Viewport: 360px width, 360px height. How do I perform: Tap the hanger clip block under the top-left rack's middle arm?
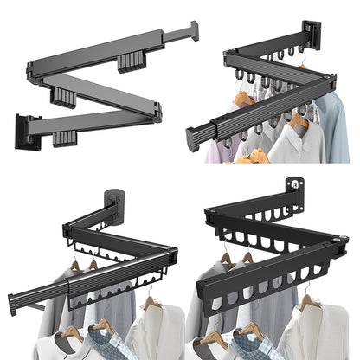(x=62, y=96)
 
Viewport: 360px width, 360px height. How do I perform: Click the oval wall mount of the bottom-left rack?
(x=114, y=203)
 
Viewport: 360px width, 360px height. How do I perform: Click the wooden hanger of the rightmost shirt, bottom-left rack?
(x=154, y=303)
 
